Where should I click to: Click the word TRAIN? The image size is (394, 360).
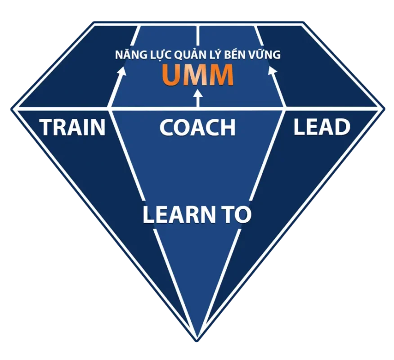[73, 127]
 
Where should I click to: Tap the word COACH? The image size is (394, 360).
[197, 127]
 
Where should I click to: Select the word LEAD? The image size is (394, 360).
[322, 127]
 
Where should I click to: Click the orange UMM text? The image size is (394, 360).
[198, 75]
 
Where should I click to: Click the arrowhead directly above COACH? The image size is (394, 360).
[198, 94]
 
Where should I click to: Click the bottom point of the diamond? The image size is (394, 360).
[197, 338]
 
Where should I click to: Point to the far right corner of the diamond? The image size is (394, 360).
[383, 108]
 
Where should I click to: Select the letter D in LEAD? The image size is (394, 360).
[341, 127]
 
